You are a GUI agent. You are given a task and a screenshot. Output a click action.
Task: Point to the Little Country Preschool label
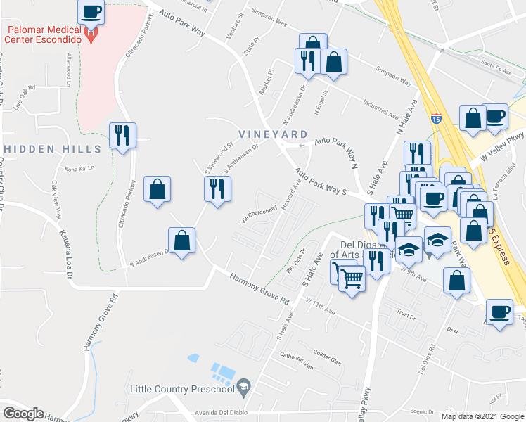pyautogui.click(x=181, y=389)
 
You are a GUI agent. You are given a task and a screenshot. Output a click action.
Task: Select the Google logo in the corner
pyautogui.click(x=23, y=414)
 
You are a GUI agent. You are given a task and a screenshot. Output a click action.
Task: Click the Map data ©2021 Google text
pyautogui.click(x=482, y=416)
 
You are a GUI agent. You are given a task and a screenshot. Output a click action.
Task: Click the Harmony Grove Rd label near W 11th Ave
pyautogui.click(x=259, y=288)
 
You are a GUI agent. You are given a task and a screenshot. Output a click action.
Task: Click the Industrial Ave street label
pyautogui.click(x=378, y=108)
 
